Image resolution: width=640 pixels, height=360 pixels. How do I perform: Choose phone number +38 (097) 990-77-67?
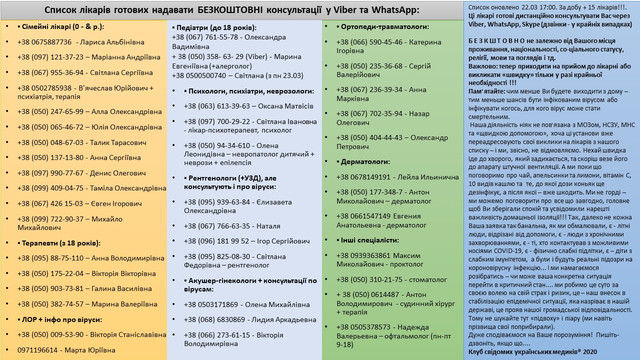click(x=58, y=172)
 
